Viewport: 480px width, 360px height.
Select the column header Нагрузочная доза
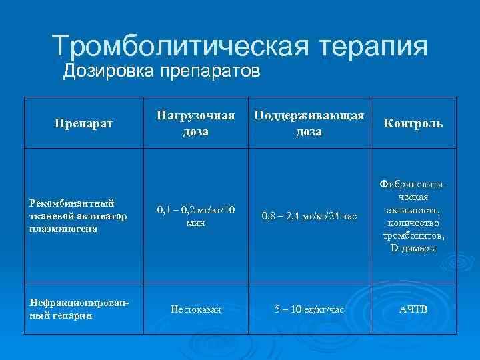195,123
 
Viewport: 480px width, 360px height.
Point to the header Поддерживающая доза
308,123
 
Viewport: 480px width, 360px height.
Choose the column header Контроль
412,123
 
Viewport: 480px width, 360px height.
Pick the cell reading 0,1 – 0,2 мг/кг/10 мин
195,217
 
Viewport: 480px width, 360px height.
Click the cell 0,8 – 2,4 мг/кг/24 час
308,215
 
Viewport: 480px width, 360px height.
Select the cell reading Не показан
195,309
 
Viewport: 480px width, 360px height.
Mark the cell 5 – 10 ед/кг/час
308,309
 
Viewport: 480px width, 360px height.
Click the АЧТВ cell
413,309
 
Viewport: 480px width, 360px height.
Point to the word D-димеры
413,248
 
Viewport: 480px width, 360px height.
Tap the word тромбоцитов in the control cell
413,236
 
